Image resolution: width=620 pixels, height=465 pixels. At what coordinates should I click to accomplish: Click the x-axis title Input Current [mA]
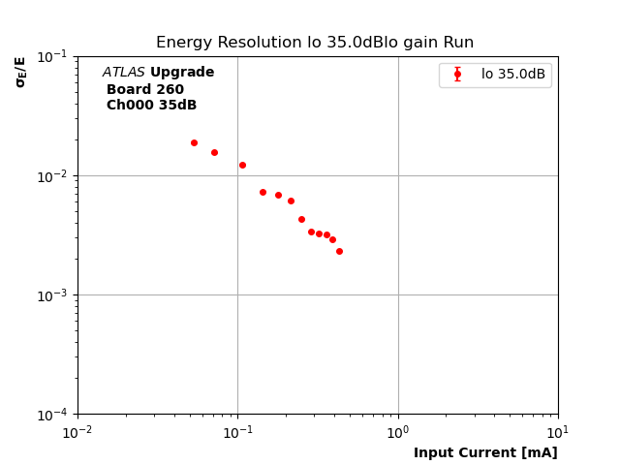tap(485, 452)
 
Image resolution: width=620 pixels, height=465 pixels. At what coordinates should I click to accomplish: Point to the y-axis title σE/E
tap(20, 72)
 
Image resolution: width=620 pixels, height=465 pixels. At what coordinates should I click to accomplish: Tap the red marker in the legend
tap(457, 74)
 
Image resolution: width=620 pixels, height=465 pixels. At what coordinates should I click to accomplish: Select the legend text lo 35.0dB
tap(512, 75)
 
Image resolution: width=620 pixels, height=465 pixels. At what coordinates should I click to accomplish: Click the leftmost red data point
tap(194, 142)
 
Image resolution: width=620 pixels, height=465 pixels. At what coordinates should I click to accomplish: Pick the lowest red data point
tap(339, 251)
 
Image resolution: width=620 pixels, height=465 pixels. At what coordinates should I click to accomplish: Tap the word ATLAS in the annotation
tap(123, 73)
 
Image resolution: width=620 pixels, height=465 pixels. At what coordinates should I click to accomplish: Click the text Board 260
tap(144, 89)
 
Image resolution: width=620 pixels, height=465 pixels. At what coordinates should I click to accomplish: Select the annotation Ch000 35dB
tap(151, 106)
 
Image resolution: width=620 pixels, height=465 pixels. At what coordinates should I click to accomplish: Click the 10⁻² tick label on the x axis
tap(77, 431)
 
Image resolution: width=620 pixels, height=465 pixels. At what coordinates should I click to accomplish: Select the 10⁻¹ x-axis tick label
tap(237, 431)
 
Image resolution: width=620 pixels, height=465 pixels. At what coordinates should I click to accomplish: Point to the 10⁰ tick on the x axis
tap(398, 431)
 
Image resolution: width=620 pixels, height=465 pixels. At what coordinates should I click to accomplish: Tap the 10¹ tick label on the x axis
tap(558, 431)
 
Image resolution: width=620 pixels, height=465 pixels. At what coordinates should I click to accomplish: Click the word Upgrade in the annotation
tap(182, 73)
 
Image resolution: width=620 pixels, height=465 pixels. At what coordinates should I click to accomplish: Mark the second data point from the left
tap(214, 152)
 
